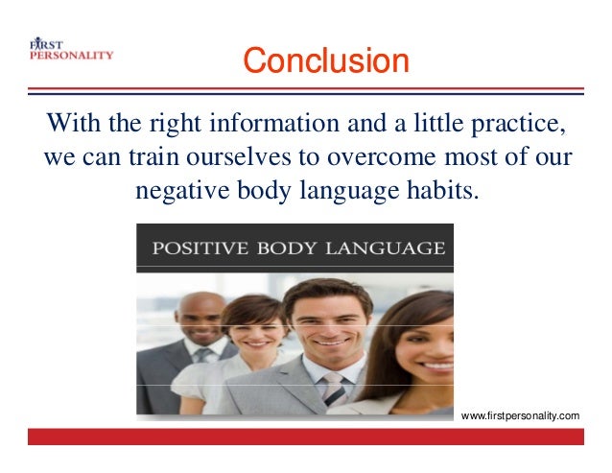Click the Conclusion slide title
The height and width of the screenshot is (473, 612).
point(325,60)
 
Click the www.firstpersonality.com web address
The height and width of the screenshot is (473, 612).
point(520,415)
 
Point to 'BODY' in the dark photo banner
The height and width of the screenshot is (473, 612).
point(290,248)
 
